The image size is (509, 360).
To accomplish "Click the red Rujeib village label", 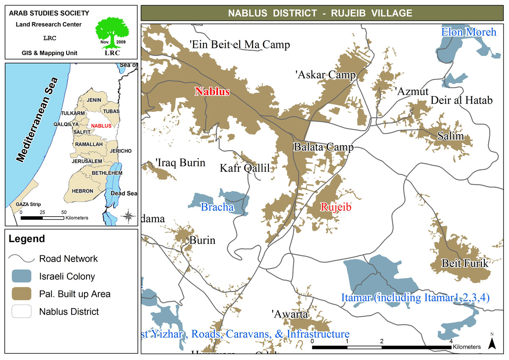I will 336,207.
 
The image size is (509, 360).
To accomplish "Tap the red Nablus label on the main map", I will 212,92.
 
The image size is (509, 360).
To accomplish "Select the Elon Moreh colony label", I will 469,32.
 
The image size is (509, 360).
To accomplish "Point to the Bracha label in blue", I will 217,207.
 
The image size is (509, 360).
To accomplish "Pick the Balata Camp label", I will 323,148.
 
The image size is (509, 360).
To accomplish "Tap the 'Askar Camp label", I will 325,75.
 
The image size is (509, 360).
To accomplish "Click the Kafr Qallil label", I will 245,168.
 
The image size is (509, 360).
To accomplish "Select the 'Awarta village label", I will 290,314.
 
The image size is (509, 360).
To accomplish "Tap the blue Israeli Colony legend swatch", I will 21,276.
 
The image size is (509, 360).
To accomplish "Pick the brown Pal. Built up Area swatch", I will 21,294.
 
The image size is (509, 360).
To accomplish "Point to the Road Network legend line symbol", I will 21,258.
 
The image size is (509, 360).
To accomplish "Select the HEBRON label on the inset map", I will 82,191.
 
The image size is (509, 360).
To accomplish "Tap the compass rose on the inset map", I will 128,216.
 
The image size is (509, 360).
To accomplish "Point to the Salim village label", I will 450,137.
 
